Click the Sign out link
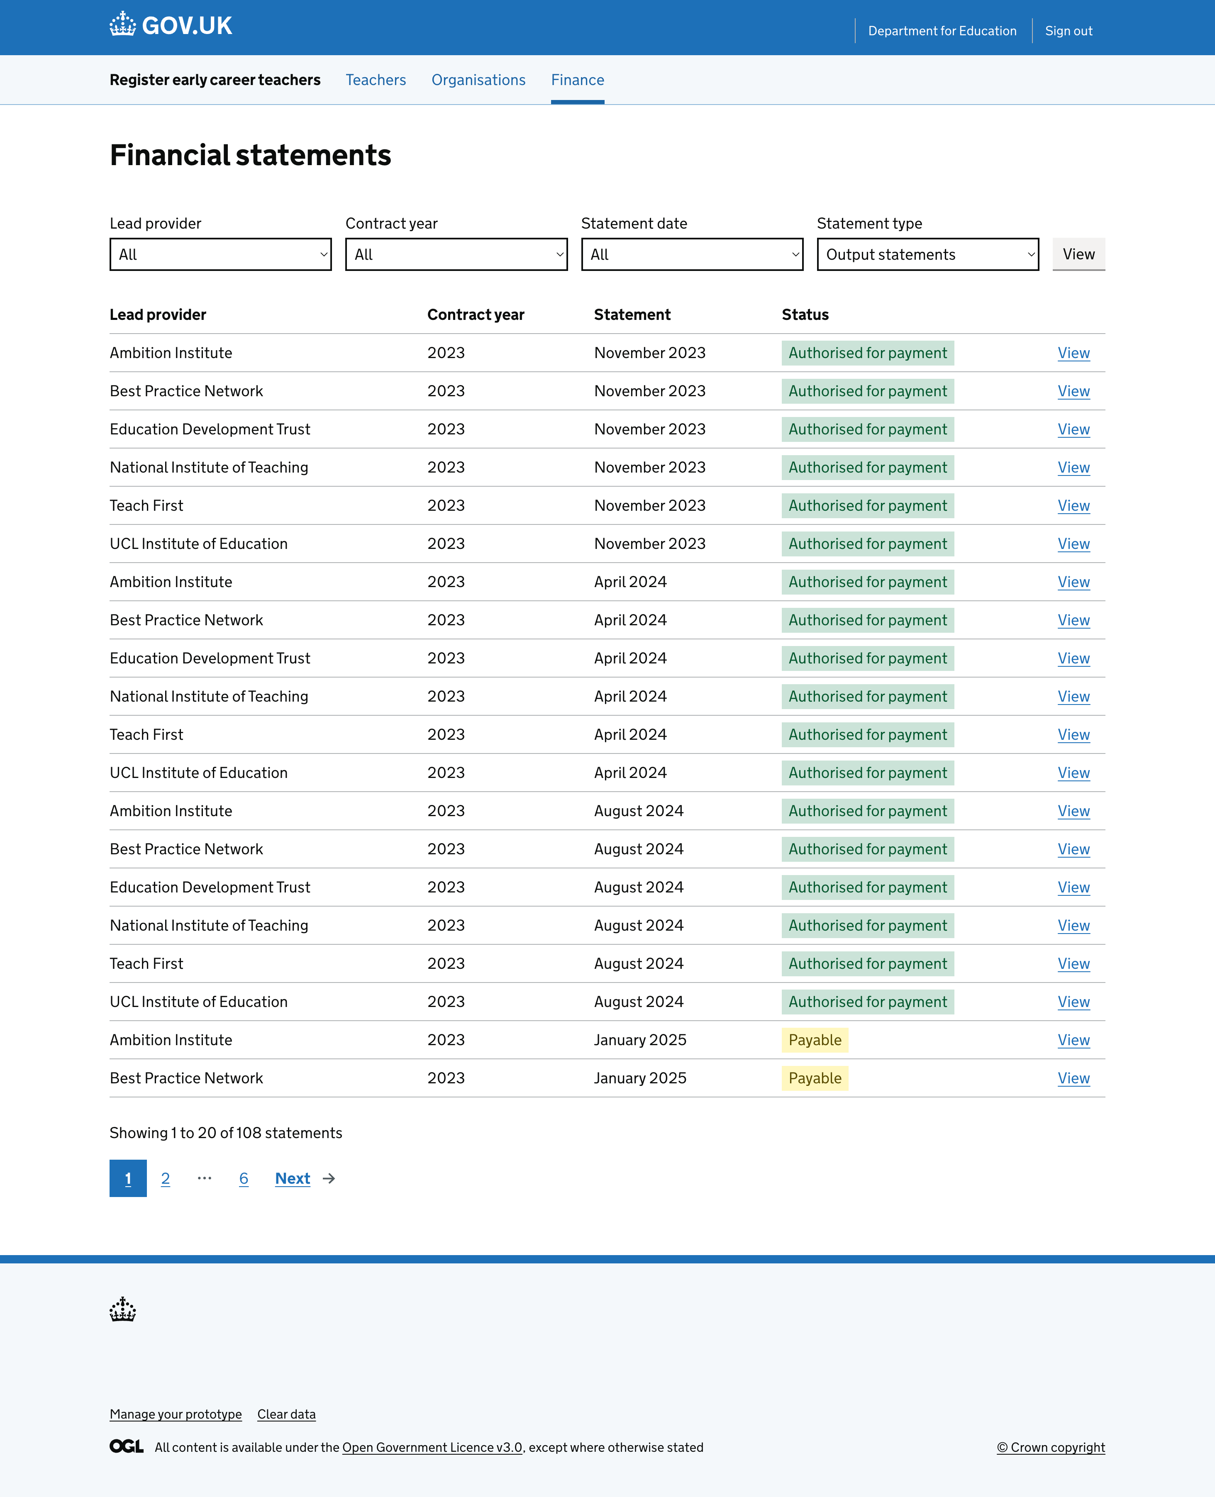(x=1068, y=31)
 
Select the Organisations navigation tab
(x=478, y=80)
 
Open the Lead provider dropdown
(x=220, y=254)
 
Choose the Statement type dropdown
(x=927, y=254)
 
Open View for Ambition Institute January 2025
(x=1073, y=1040)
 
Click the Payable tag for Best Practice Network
(x=815, y=1078)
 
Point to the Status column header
(x=805, y=315)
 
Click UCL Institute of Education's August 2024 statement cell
(x=638, y=1002)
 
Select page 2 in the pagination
(x=165, y=1179)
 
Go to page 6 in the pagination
(x=244, y=1179)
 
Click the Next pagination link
(x=293, y=1179)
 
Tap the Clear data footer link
(x=286, y=1414)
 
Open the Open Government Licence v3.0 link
(x=432, y=1447)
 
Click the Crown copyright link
(x=1051, y=1447)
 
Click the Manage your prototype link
(x=176, y=1414)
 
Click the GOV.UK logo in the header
(x=171, y=26)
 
